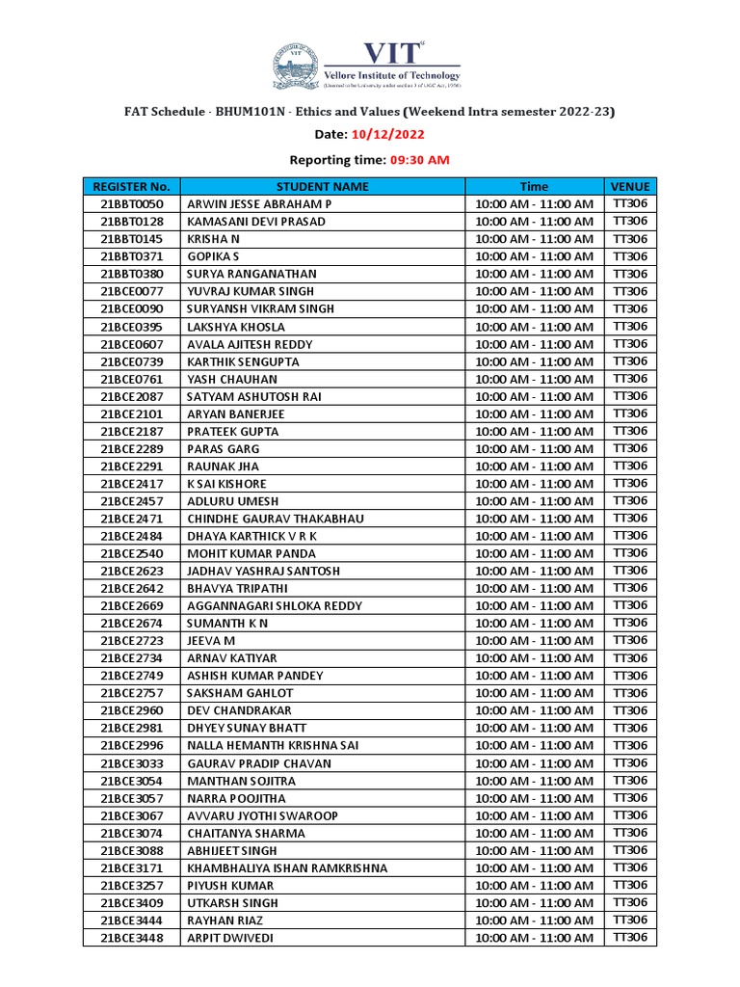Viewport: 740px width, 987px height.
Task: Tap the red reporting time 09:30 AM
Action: coord(419,160)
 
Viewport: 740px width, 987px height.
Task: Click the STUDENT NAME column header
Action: coord(322,186)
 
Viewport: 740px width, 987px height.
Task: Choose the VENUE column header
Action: coord(630,186)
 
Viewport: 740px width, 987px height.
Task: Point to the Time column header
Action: coord(534,186)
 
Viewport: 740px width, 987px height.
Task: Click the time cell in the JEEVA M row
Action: coord(534,641)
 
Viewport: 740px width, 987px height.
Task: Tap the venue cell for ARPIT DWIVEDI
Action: coord(630,938)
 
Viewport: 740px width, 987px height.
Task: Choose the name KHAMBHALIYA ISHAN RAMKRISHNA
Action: coord(287,868)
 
